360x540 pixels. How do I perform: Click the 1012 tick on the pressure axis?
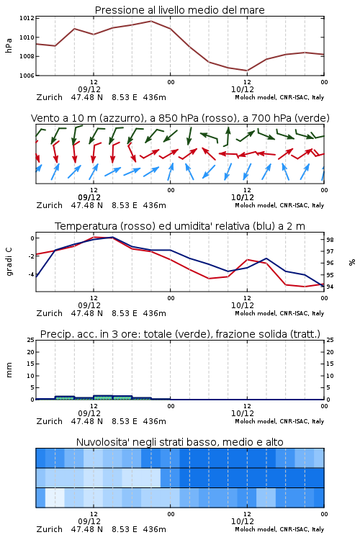pyautogui.click(x=27, y=18)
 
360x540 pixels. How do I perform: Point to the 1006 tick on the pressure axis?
pyautogui.click(x=27, y=76)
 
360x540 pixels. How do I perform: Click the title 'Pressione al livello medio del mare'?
pyautogui.click(x=180, y=10)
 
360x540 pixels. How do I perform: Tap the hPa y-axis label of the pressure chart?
pyautogui.click(x=9, y=45)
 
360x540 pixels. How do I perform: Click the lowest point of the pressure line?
pyautogui.click(x=247, y=71)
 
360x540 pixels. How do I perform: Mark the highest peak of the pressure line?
pyautogui.click(x=151, y=21)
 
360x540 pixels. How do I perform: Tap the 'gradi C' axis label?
pyautogui.click(x=9, y=261)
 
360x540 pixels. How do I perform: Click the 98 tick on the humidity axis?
pyautogui.click(x=330, y=240)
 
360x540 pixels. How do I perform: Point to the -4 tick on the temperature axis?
pyautogui.click(x=30, y=274)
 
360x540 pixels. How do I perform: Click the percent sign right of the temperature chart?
pyautogui.click(x=352, y=262)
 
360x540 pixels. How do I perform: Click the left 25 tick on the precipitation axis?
pyautogui.click(x=31, y=340)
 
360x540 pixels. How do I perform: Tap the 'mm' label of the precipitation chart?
pyautogui.click(x=9, y=370)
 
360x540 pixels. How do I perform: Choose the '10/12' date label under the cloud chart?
pyautogui.click(x=243, y=521)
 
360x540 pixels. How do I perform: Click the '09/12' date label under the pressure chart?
pyautogui.click(x=89, y=89)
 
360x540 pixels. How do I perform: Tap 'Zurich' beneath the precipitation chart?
pyautogui.click(x=49, y=421)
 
